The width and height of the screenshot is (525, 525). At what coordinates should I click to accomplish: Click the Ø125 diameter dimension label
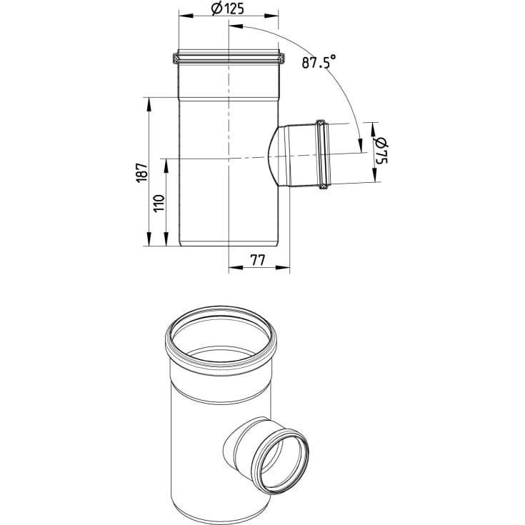[x=228, y=9]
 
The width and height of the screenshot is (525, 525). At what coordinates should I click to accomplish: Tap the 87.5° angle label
[x=319, y=62]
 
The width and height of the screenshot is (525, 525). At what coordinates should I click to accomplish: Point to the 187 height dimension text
[x=142, y=173]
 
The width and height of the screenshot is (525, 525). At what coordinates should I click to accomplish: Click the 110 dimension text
[x=159, y=203]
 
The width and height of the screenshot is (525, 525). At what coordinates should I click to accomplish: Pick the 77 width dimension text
[x=257, y=260]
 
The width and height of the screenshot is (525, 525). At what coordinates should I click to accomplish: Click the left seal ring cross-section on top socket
[x=176, y=59]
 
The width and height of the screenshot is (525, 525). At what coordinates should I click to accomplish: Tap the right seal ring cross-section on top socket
[x=281, y=59]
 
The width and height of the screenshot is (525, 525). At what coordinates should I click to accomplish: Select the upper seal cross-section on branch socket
[x=321, y=124]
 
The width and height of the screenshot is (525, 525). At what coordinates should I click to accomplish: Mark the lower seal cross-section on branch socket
[x=323, y=186]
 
